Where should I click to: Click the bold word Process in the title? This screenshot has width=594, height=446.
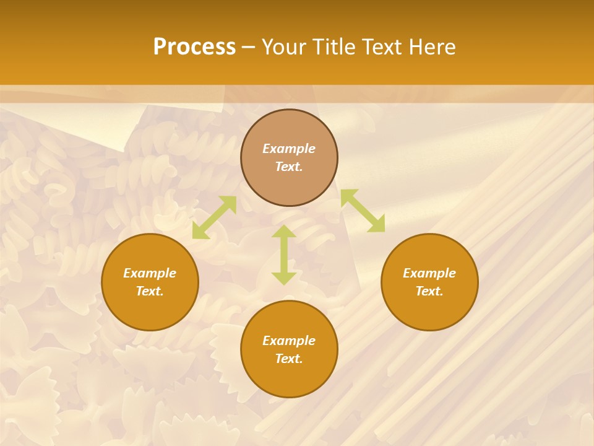(x=194, y=47)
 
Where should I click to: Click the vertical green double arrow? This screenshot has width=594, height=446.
(x=284, y=255)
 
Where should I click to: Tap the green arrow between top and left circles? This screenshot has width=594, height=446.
(x=214, y=217)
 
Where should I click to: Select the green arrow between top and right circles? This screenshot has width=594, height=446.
(x=363, y=211)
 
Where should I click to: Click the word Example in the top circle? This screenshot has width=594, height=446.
(x=289, y=149)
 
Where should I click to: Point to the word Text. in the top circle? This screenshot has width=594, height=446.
(x=289, y=167)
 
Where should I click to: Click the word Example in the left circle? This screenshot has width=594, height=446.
(x=150, y=273)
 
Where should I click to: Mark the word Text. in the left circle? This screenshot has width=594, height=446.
(x=150, y=291)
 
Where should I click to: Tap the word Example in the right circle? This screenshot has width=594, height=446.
(x=429, y=273)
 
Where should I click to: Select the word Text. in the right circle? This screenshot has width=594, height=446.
(x=429, y=291)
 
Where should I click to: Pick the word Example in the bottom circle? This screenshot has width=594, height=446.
(x=289, y=341)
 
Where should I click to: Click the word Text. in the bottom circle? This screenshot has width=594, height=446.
(x=289, y=359)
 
